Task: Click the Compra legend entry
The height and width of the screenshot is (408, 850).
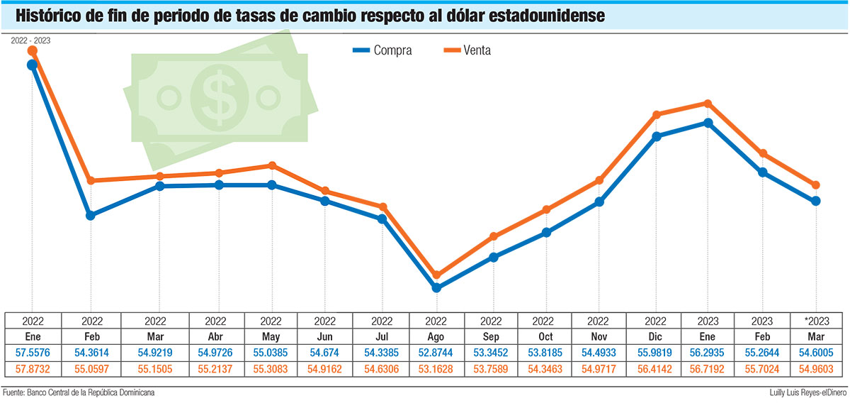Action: point(382,50)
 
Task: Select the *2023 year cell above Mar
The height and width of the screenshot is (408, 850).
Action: point(816,321)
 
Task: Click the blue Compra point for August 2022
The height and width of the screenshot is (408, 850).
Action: point(436,288)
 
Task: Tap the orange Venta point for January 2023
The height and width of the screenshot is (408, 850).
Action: point(708,104)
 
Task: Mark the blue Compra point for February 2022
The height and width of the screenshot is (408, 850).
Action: point(91,215)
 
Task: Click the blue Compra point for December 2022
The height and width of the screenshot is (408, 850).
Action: point(657,136)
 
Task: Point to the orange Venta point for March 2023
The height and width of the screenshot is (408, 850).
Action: point(816,185)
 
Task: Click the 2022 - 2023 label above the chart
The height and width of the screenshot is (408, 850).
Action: point(30,40)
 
